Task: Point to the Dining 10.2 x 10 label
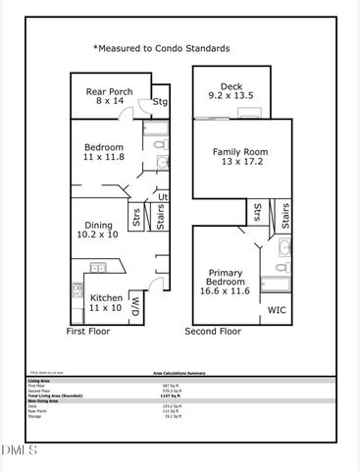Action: click(x=98, y=229)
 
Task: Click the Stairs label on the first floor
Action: click(x=161, y=216)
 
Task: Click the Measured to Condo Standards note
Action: click(x=161, y=48)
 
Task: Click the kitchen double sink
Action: click(x=98, y=267)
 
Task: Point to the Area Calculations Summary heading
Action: click(x=179, y=374)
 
